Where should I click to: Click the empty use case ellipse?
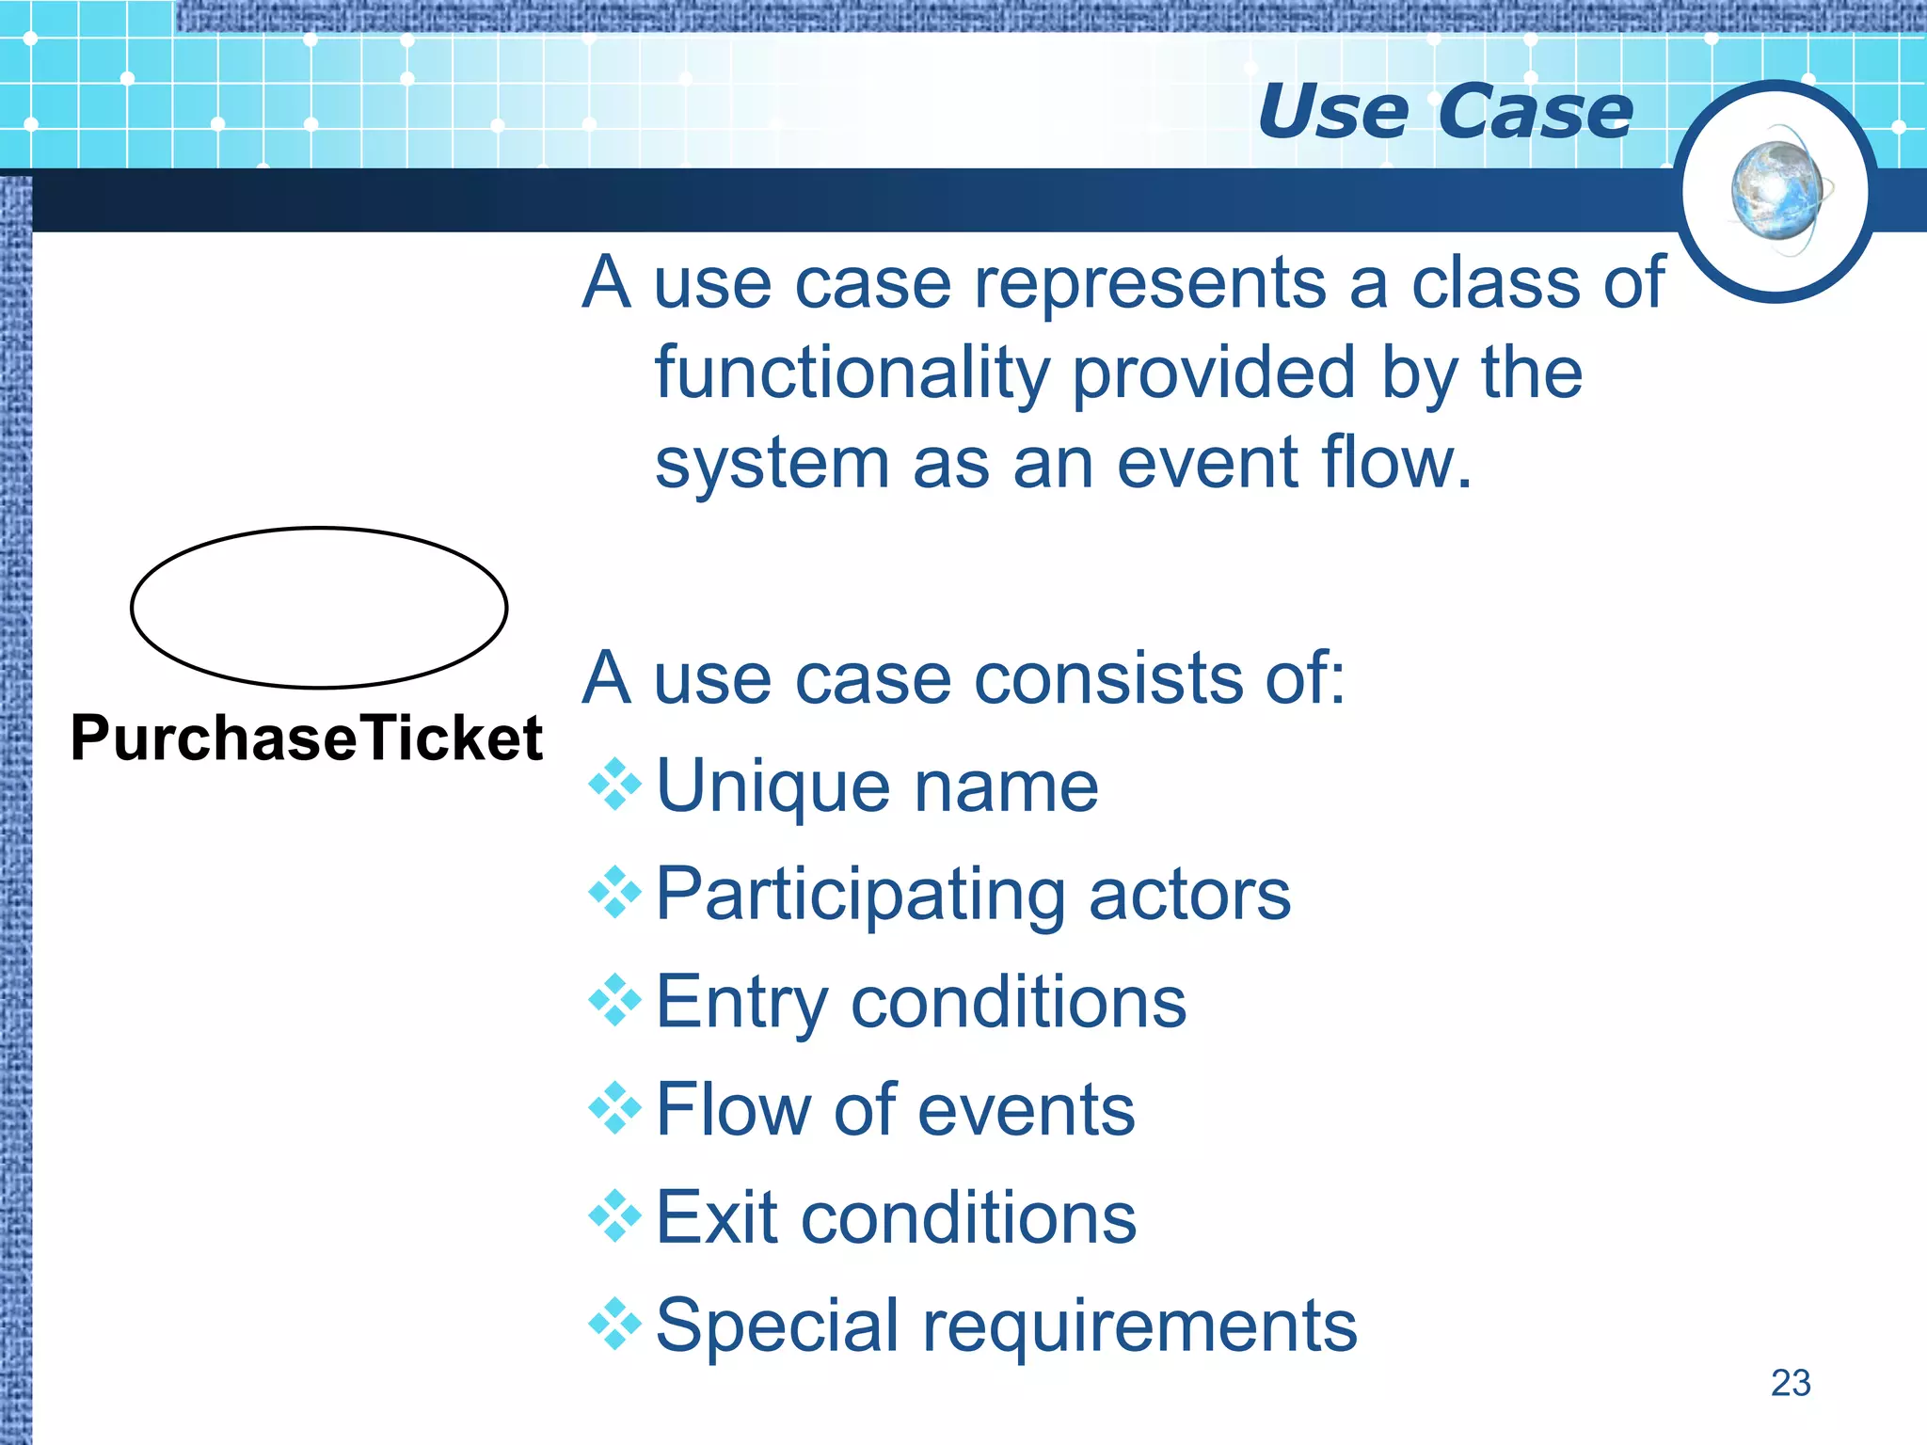pos(319,608)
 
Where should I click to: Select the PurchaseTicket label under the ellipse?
pos(307,738)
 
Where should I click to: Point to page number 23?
pos(1790,1383)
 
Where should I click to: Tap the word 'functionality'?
pos(852,374)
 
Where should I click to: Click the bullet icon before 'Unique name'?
pos(614,784)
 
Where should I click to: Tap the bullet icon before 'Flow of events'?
pos(614,1108)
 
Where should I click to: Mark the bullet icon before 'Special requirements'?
pos(614,1324)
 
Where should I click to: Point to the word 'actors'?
pos(1189,895)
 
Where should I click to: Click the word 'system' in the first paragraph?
pos(772,465)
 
